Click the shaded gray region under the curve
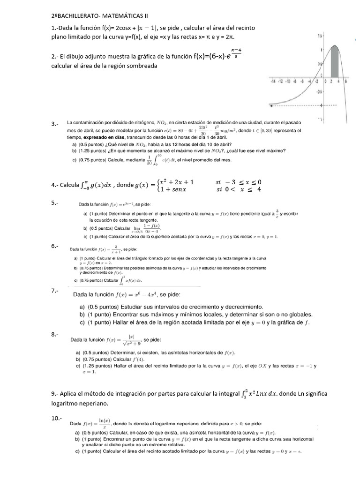[x=335, y=63]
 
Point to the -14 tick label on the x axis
[x=273, y=81]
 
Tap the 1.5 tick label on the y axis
[x=320, y=36]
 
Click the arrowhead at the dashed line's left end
[x=270, y=104]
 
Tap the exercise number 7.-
[x=55, y=291]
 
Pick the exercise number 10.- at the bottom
[x=56, y=418]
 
